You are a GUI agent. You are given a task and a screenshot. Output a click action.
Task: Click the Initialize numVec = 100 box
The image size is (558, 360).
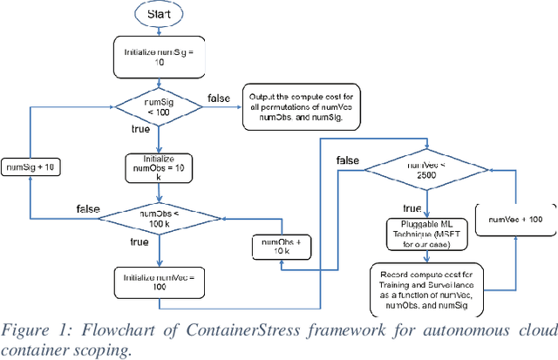[x=159, y=280]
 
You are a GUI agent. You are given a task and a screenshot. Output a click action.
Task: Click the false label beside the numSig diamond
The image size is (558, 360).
[x=218, y=97]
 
